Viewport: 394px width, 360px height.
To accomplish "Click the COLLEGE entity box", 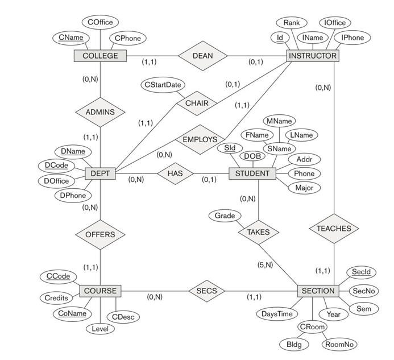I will click(100, 56).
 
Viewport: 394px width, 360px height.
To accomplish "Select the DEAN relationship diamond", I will click(203, 56).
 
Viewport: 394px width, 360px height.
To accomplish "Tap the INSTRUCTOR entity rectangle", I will click(312, 56).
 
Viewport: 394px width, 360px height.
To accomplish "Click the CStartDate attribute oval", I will click(162, 85).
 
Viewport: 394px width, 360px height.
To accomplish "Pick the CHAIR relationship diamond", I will click(197, 104).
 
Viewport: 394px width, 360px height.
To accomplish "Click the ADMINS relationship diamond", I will click(100, 112).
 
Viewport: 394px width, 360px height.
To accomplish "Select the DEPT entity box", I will click(100, 173).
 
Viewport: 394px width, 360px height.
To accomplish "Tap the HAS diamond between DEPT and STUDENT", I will click(175, 173).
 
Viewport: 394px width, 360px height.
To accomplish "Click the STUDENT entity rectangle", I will click(252, 173).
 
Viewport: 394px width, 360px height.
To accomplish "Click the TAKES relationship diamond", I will click(258, 232).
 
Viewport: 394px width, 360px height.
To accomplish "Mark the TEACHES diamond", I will click(334, 228).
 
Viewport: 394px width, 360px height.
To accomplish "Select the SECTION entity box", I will click(318, 291).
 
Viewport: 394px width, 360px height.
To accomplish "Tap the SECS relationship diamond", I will click(207, 291).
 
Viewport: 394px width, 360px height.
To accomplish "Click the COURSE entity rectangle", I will click(100, 291).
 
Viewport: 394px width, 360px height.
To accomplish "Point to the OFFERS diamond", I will click(100, 234).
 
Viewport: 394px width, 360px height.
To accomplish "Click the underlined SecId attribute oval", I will click(360, 272).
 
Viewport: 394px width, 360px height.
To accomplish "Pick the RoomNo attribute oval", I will click(340, 344).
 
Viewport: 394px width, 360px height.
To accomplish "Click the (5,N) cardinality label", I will click(265, 264).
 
